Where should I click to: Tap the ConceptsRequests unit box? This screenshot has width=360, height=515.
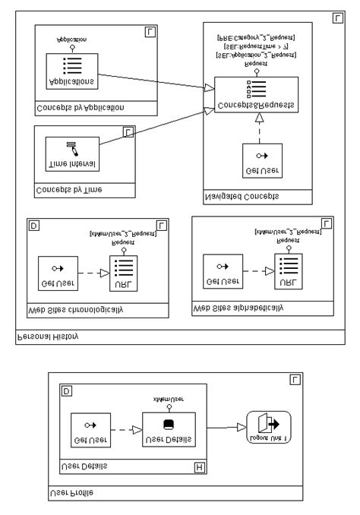click(254, 95)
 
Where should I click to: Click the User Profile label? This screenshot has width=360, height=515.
click(72, 491)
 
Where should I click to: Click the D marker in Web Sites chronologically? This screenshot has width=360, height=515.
click(33, 226)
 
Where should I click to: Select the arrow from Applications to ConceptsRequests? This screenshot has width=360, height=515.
click(152, 80)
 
